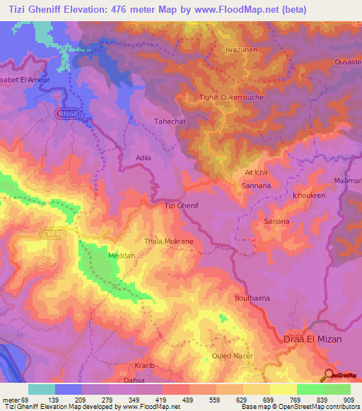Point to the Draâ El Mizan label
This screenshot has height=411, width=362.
[x=313, y=339]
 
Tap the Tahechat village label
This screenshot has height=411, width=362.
[x=170, y=121]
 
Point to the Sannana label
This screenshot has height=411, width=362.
[x=255, y=186]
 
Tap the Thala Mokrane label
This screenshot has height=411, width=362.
[x=169, y=241]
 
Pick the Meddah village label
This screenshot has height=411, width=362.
[x=121, y=256]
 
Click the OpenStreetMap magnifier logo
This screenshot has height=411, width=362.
[x=330, y=375]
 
